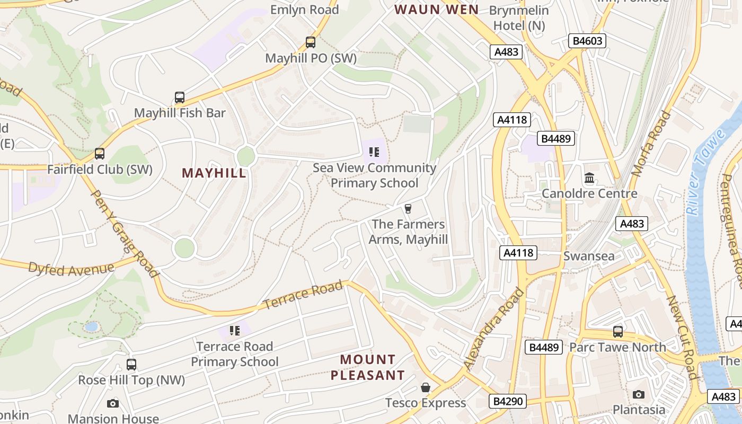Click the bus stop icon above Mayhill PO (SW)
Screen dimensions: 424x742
(x=311, y=42)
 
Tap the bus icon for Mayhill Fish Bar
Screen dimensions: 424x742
(x=180, y=98)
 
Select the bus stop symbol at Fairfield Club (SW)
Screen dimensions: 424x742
(x=100, y=154)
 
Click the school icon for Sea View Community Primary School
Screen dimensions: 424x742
(x=374, y=153)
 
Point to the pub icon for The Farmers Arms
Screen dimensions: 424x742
(x=408, y=209)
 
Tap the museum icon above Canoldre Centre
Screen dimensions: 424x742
(x=589, y=178)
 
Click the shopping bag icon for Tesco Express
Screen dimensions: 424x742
(x=425, y=387)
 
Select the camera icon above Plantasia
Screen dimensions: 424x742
(x=639, y=394)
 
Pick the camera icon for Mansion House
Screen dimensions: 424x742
(x=113, y=404)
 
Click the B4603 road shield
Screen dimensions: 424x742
(x=587, y=41)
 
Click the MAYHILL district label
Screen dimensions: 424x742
(x=214, y=173)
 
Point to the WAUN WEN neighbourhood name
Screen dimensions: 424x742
(x=436, y=10)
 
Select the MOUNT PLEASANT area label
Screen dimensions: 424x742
(x=368, y=367)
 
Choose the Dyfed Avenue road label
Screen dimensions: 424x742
(x=71, y=269)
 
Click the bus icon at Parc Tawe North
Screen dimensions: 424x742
(x=618, y=332)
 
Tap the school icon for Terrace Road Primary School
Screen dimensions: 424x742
(x=235, y=331)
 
